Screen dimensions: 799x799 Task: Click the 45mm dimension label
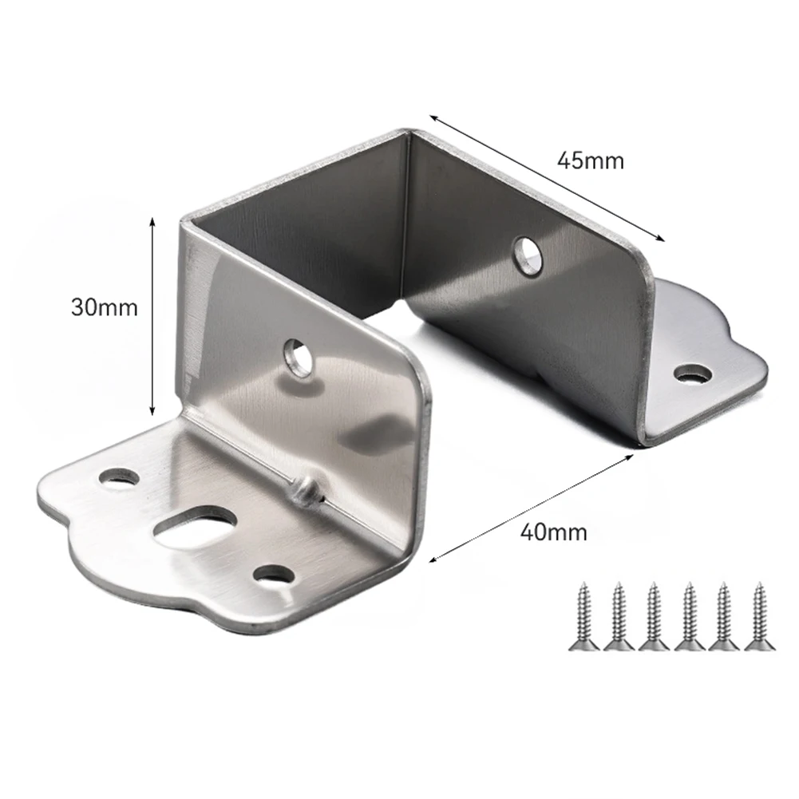[591, 160]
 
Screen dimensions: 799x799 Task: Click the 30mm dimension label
[104, 307]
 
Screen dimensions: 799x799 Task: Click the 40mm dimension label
[553, 532]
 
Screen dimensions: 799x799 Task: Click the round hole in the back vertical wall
[528, 255]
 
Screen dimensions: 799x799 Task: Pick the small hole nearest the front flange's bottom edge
[274, 573]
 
